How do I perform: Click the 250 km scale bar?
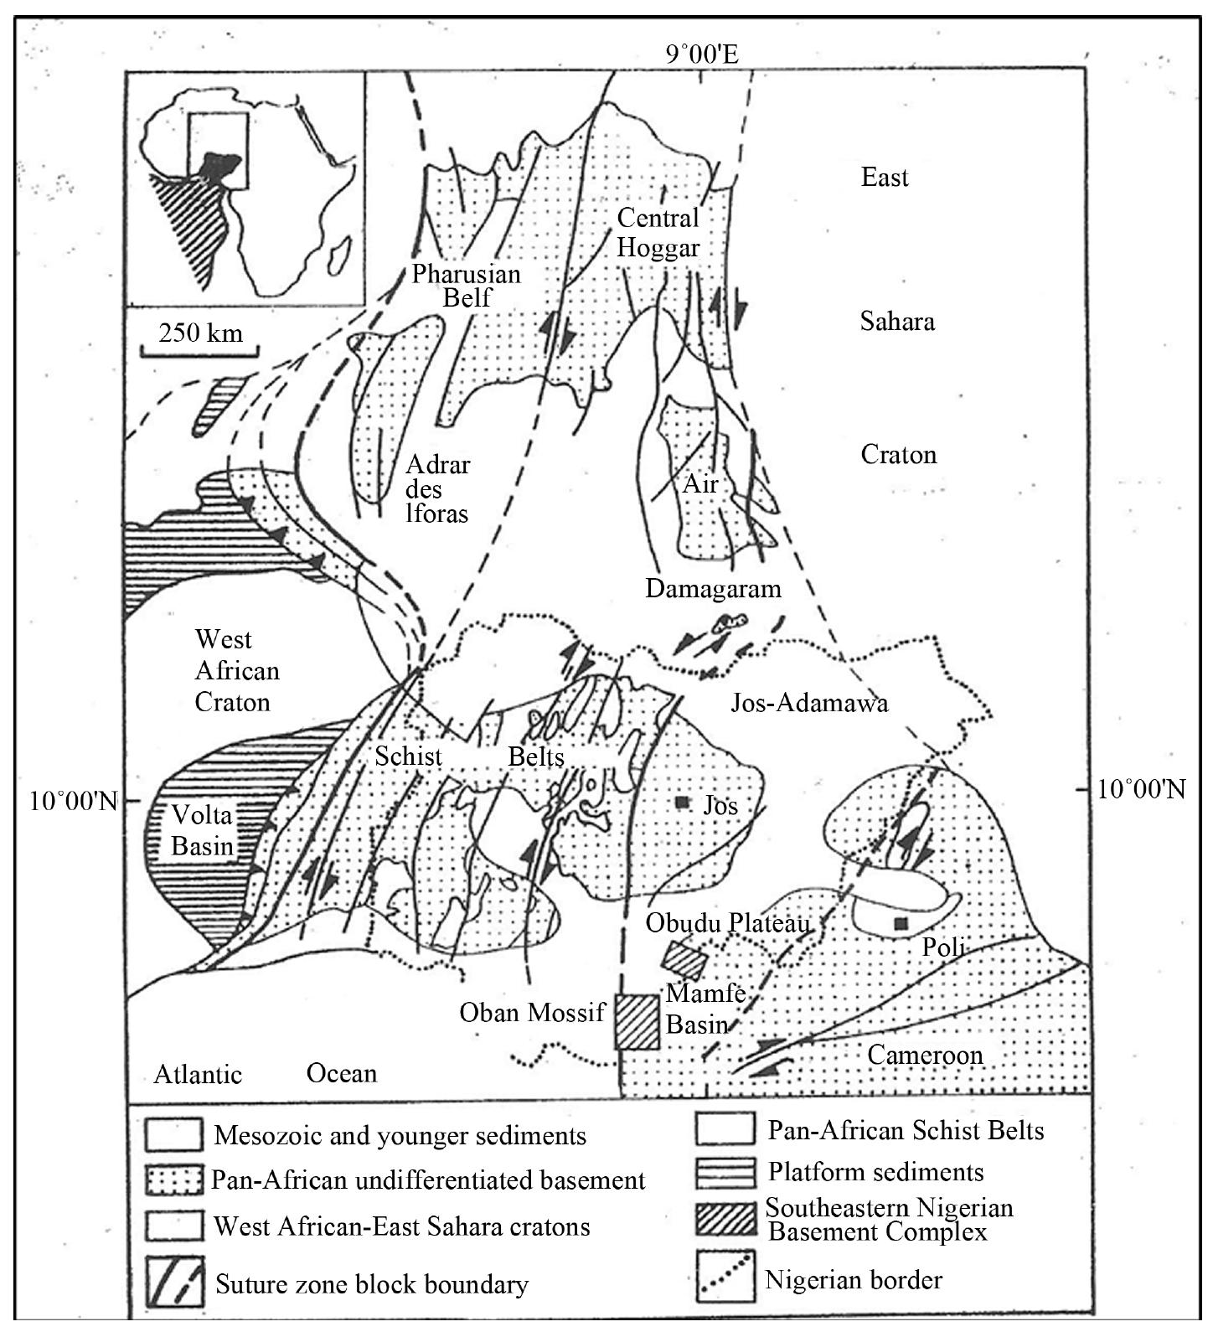[x=199, y=346]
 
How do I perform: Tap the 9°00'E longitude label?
[x=702, y=55]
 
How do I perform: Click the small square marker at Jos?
[x=682, y=803]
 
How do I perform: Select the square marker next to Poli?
[x=901, y=923]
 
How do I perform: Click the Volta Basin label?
[x=202, y=829]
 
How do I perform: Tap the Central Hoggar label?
[x=658, y=232]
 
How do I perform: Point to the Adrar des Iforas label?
[x=436, y=488]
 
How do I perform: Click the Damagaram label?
[x=713, y=589]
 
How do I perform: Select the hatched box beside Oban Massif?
[x=637, y=1021]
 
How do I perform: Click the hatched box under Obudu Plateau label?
[x=685, y=957]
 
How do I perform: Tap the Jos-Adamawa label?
[x=809, y=702]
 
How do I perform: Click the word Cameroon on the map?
[x=925, y=1054]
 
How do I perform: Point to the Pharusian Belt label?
[x=466, y=285]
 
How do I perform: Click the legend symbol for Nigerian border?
[x=725, y=1277]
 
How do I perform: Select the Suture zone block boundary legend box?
[x=173, y=1282]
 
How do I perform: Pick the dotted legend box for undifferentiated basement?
[x=173, y=1181]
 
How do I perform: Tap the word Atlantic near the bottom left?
[x=198, y=1074]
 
